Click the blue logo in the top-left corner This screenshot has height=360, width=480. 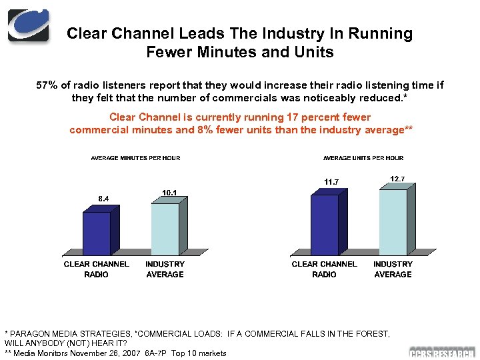pyautogui.click(x=28, y=25)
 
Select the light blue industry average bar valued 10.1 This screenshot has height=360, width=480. pyautogui.click(x=165, y=229)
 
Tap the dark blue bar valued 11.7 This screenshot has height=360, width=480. pyautogui.click(x=325, y=225)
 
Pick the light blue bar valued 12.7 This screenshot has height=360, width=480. pyautogui.click(x=393, y=222)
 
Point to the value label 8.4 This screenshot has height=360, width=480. pyautogui.click(x=104, y=198)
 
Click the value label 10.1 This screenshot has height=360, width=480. pyautogui.click(x=169, y=193)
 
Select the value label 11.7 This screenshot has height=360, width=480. pyautogui.click(x=332, y=181)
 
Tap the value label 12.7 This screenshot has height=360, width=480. pyautogui.click(x=397, y=177)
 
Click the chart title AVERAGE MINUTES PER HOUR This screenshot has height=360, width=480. pyautogui.click(x=135, y=158)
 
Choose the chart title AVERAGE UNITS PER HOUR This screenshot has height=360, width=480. pyautogui.click(x=363, y=158)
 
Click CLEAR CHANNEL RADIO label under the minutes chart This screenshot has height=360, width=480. pyautogui.click(x=97, y=269)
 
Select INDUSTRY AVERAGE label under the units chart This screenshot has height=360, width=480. pyautogui.click(x=393, y=269)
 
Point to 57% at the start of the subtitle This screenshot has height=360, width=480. pyautogui.click(x=46, y=85)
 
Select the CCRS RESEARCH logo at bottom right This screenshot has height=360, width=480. pyautogui.click(x=441, y=353)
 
